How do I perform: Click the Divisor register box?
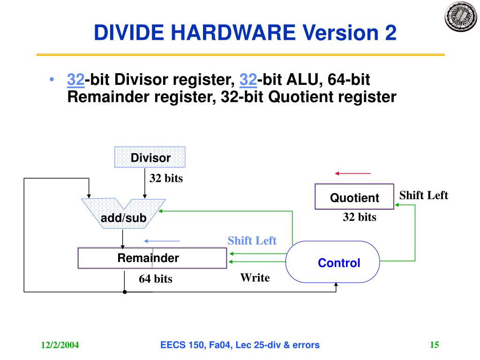pyautogui.click(x=150, y=157)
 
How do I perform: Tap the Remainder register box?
pyautogui.click(x=152, y=258)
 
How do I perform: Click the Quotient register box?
pyautogui.click(x=354, y=197)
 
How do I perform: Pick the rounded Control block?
pyautogui.click(x=332, y=262)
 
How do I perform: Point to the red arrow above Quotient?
pyautogui.click(x=352, y=174)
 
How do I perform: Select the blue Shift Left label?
pyautogui.click(x=252, y=241)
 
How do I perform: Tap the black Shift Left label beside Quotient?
pyautogui.click(x=423, y=195)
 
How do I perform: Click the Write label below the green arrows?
pyautogui.click(x=255, y=278)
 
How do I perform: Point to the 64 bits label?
pyautogui.click(x=155, y=279)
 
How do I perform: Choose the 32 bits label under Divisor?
pyautogui.click(x=166, y=179)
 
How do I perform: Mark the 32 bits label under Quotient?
pyautogui.click(x=360, y=217)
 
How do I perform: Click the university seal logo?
pyautogui.click(x=460, y=16)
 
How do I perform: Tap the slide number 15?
pyautogui.click(x=434, y=345)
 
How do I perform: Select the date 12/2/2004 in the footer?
pyautogui.click(x=60, y=346)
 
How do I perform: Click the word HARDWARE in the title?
pyautogui.click(x=232, y=33)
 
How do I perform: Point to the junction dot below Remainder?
pyautogui.click(x=125, y=292)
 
